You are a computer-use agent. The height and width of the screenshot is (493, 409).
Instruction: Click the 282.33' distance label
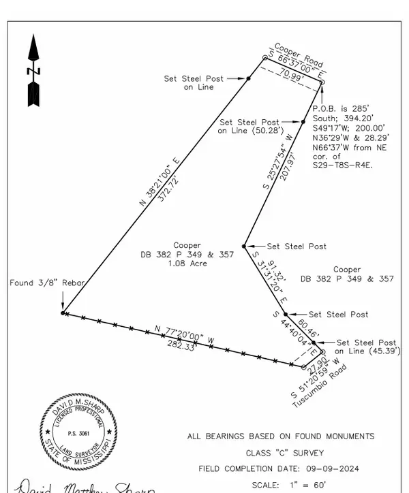[176, 347]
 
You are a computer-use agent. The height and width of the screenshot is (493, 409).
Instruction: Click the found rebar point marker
[63, 313]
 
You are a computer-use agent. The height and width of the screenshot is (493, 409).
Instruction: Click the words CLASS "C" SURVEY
[280, 453]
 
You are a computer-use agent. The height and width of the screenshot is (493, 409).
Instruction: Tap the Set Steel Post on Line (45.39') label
[367, 347]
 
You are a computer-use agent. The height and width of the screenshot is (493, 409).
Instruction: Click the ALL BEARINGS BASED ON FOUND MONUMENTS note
[280, 436]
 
